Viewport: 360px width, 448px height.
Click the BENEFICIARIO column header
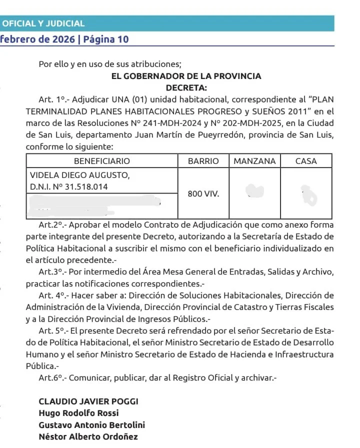pos(101,161)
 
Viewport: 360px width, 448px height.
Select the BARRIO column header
pos(203,161)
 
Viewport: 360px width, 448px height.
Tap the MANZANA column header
pos(254,161)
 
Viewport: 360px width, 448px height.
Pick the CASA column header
pos(306,161)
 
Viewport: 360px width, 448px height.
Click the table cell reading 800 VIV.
pos(203,193)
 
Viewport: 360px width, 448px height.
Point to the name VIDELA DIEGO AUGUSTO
pos(79,175)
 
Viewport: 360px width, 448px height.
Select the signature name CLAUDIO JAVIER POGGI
pos(88,402)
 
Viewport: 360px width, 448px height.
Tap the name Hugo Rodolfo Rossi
pos(78,413)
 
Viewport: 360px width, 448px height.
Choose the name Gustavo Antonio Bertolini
pos(92,425)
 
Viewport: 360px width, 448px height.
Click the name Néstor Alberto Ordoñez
pos(88,436)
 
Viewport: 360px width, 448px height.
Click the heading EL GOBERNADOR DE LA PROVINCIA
pos(186,76)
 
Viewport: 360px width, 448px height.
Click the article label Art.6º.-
pos(52,378)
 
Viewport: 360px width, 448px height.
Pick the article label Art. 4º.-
pos(53,295)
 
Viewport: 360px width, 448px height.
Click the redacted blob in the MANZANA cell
pos(255,190)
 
